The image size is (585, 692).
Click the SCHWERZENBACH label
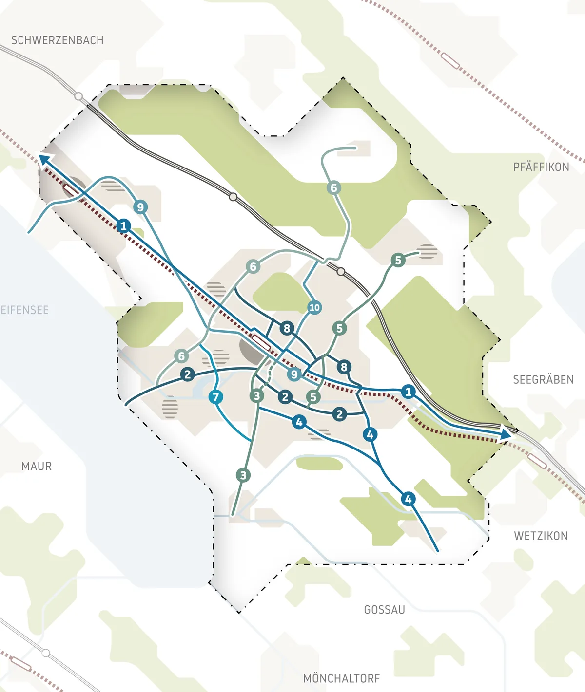[58, 40]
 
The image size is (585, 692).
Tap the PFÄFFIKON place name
[541, 167]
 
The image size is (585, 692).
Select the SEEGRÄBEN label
[543, 379]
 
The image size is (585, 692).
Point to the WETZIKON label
[541, 536]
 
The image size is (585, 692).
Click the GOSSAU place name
[385, 610]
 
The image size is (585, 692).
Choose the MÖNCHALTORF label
[341, 678]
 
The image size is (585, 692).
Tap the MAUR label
[37, 466]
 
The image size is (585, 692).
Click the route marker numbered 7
[215, 397]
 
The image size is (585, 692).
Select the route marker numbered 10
[314, 307]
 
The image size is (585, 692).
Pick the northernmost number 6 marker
[333, 188]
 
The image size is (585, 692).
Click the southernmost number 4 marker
[408, 499]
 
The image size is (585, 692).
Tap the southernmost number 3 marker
[243, 475]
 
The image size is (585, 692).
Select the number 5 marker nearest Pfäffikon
[398, 260]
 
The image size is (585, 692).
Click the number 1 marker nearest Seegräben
[408, 391]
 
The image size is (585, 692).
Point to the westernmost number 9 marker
[140, 207]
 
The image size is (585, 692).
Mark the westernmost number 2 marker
[187, 374]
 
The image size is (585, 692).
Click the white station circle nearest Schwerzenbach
[78, 96]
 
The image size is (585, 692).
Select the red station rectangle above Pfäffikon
[450, 60]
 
